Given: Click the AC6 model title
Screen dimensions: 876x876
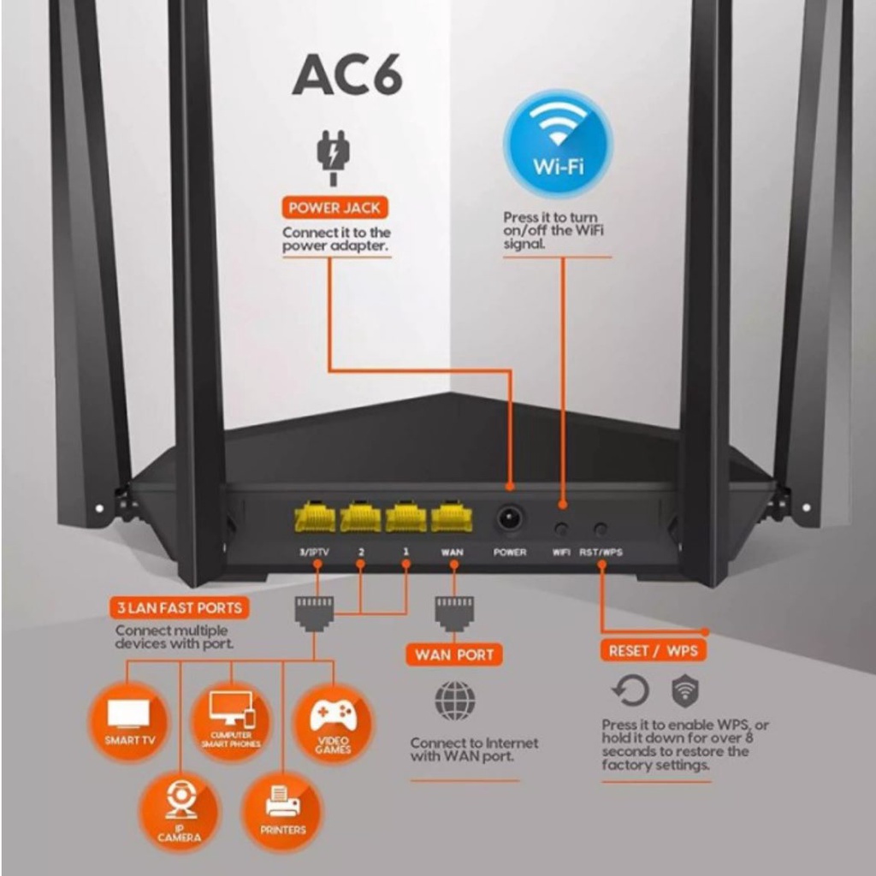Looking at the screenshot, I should [x=346, y=76].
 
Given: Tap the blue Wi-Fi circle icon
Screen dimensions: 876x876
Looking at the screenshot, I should [x=558, y=144].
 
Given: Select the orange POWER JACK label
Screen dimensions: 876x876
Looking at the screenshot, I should [x=334, y=207].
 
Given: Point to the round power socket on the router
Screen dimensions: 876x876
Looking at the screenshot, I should [x=511, y=518].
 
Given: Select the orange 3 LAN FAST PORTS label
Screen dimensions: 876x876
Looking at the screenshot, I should [x=180, y=608].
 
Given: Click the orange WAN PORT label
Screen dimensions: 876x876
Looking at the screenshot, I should [x=454, y=654].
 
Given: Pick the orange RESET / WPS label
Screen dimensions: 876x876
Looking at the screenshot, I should [x=653, y=651].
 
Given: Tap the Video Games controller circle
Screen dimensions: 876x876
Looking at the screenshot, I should [x=333, y=720].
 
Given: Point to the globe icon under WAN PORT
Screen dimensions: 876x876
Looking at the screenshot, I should [x=454, y=701].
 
